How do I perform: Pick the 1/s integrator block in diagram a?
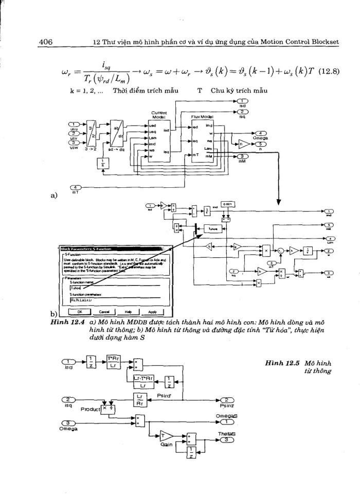pyautogui.click(x=101, y=163)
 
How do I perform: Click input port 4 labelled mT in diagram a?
pyautogui.click(x=75, y=188)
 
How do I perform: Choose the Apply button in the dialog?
pyautogui.click(x=152, y=312)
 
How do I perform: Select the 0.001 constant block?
pyautogui.click(x=228, y=204)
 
